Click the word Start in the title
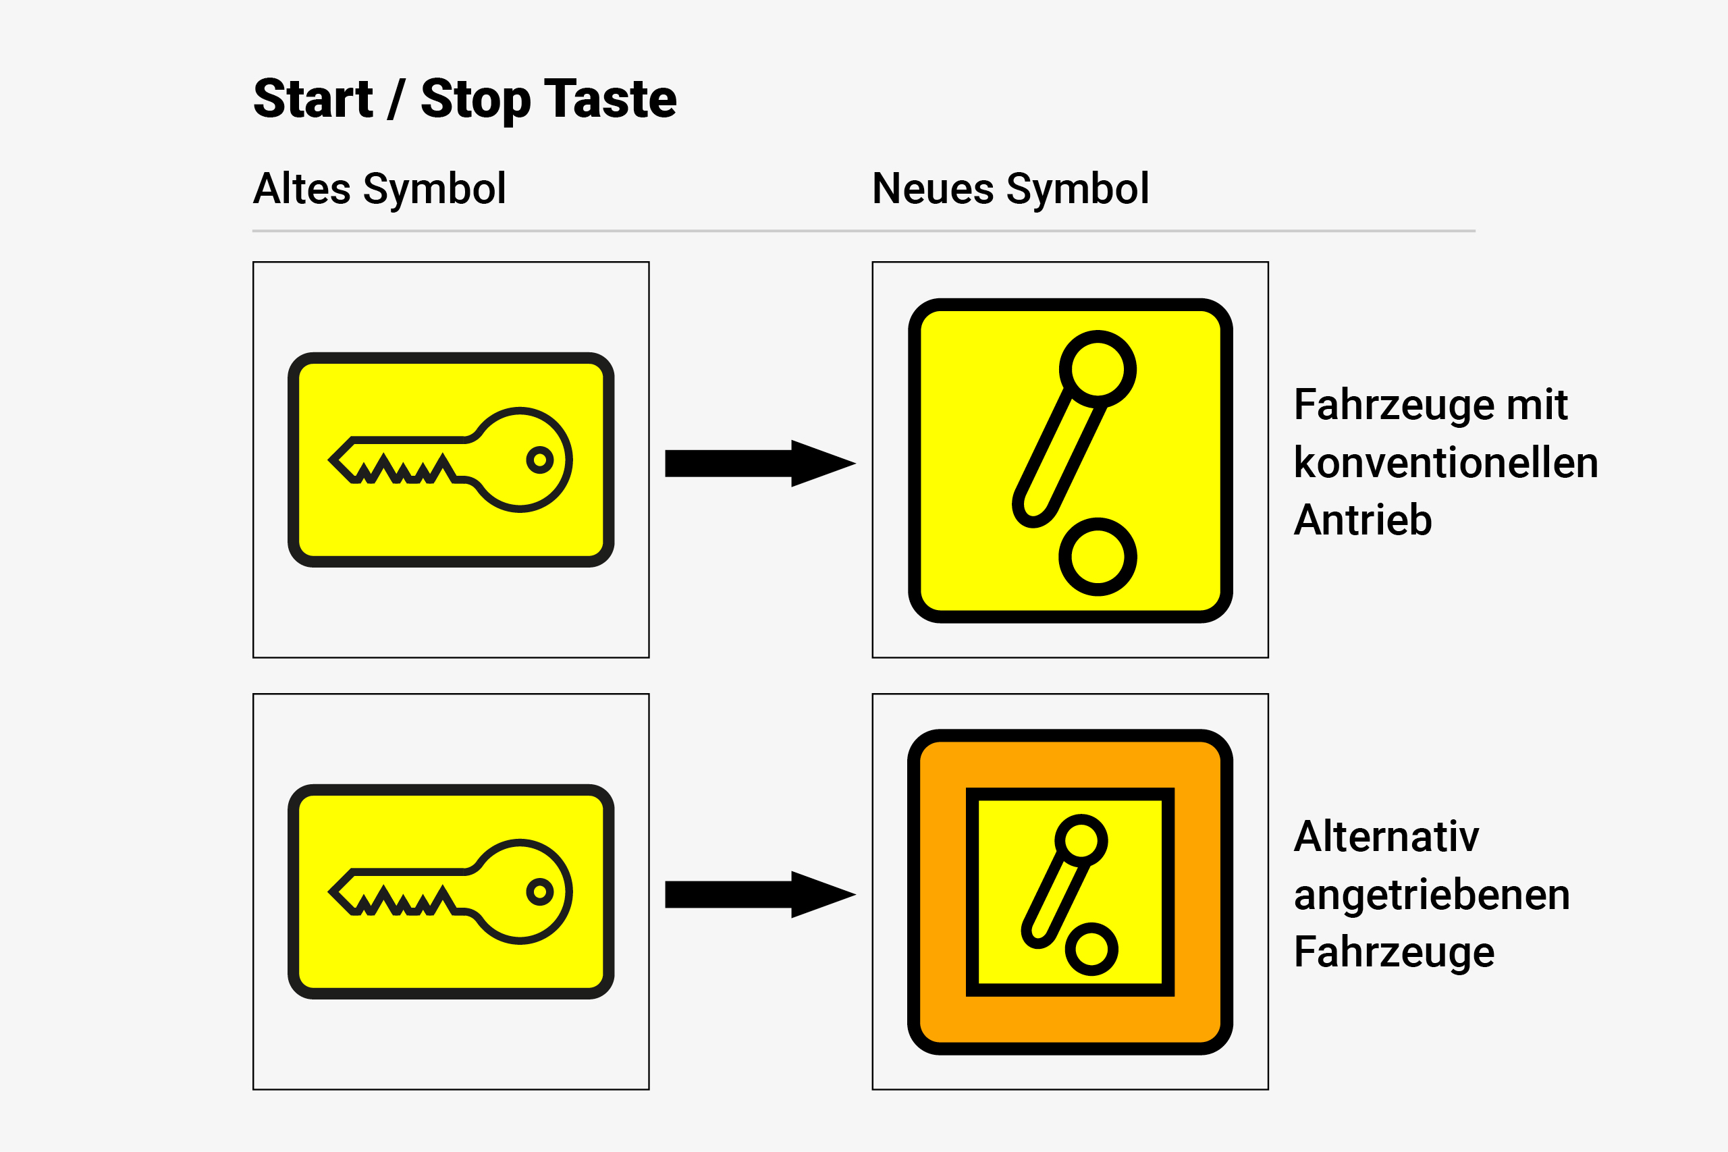(x=314, y=99)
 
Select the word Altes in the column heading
(x=302, y=188)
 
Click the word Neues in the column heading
(x=932, y=188)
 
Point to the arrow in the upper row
(x=761, y=464)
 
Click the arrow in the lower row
(x=761, y=895)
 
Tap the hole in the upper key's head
(x=540, y=460)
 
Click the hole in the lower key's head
(x=540, y=892)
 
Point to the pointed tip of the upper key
(x=330, y=461)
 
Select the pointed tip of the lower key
(x=330, y=893)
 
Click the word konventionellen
(x=1446, y=462)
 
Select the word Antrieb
(x=1363, y=520)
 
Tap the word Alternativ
(x=1386, y=836)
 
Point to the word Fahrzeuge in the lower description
(x=1394, y=953)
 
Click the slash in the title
(x=397, y=99)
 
